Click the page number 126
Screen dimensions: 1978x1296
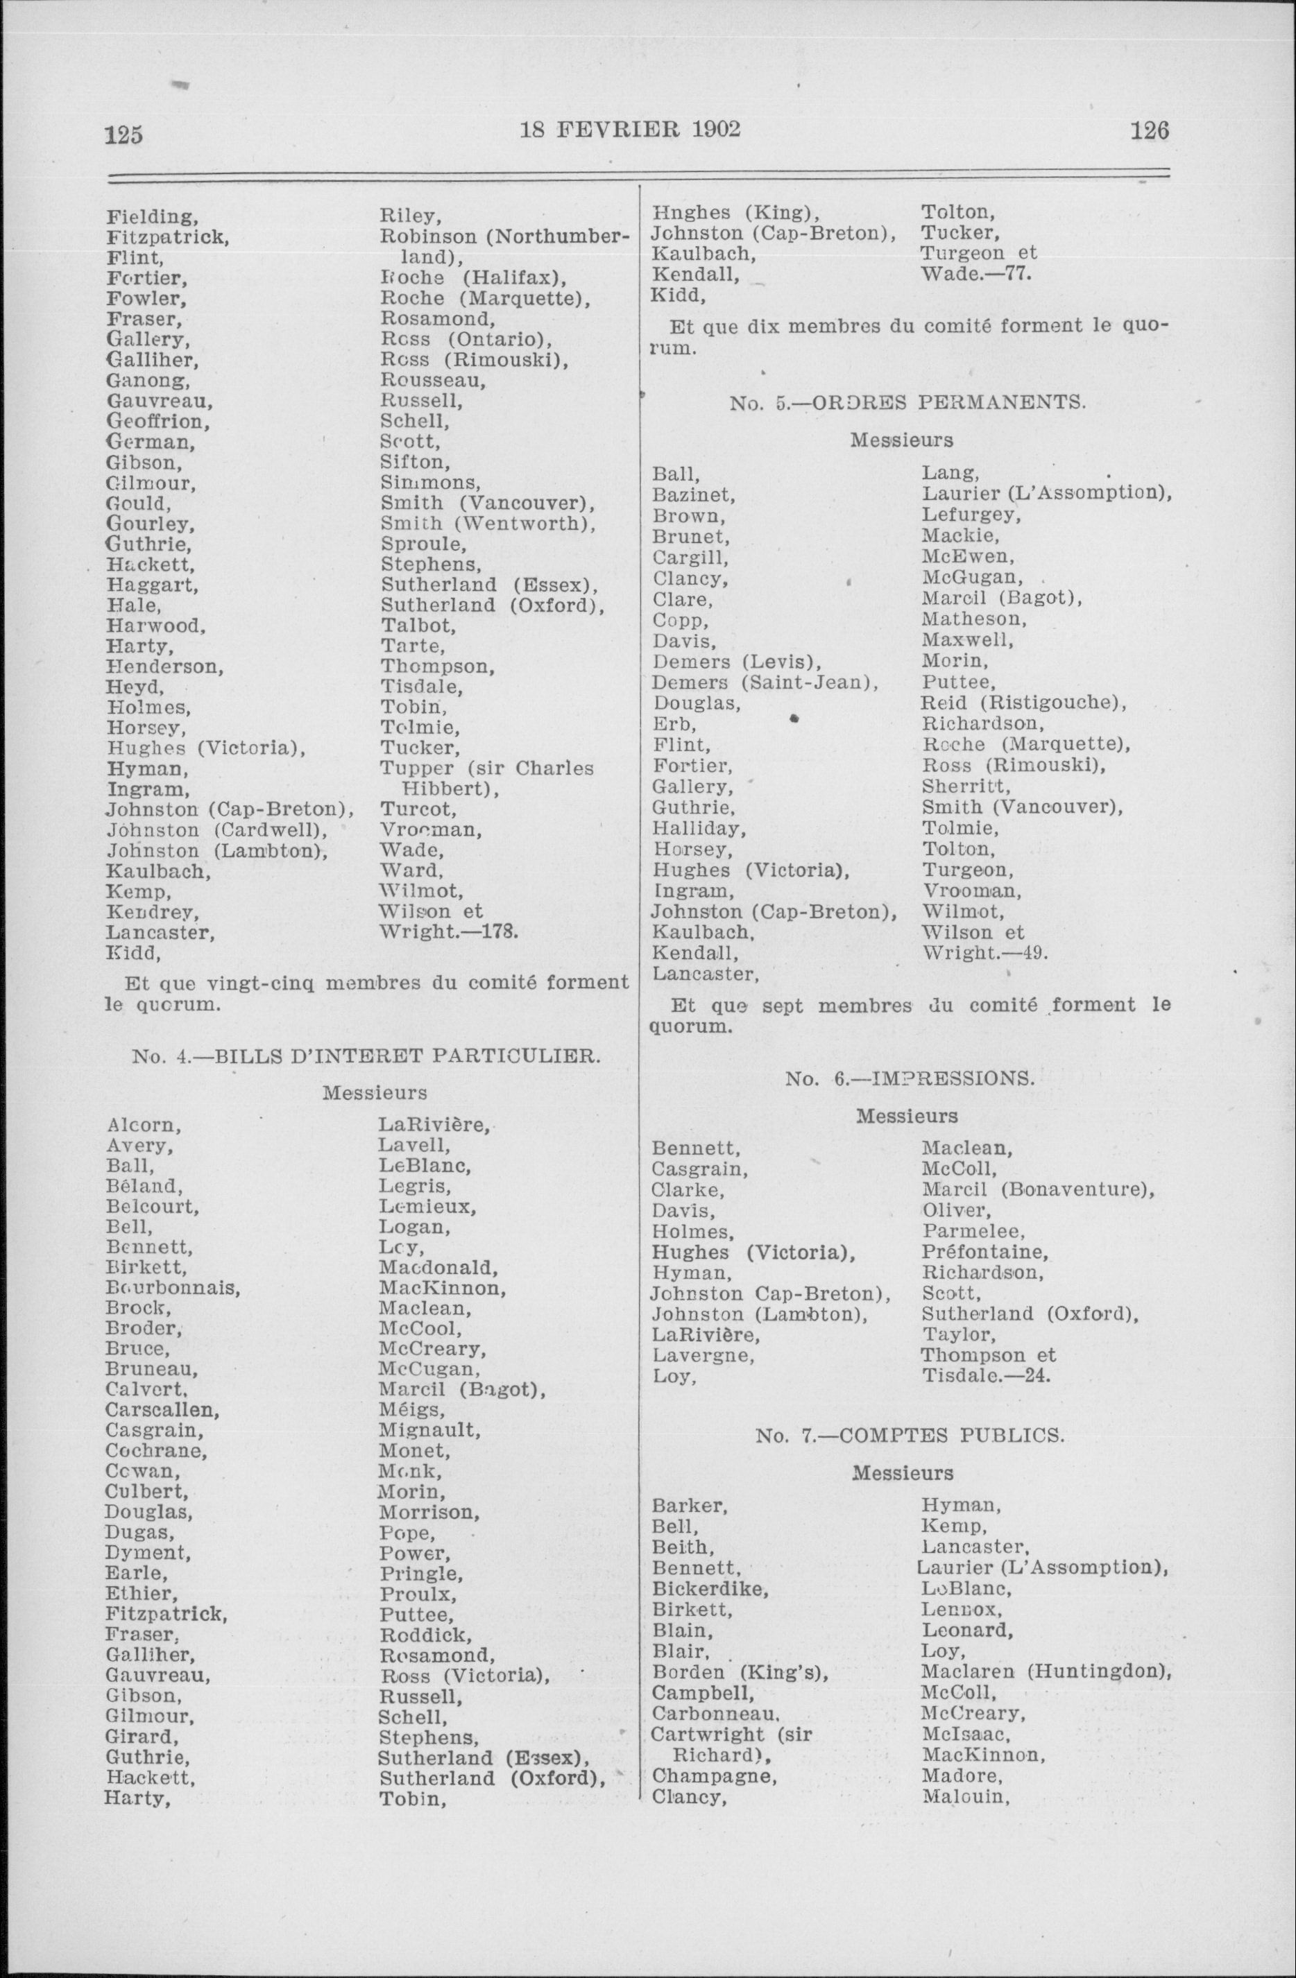tap(1150, 131)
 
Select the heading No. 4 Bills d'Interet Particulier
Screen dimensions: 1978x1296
tap(366, 1057)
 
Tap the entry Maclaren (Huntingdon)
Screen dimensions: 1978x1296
tap(1046, 1671)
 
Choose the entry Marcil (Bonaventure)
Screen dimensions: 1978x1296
tap(1037, 1189)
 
